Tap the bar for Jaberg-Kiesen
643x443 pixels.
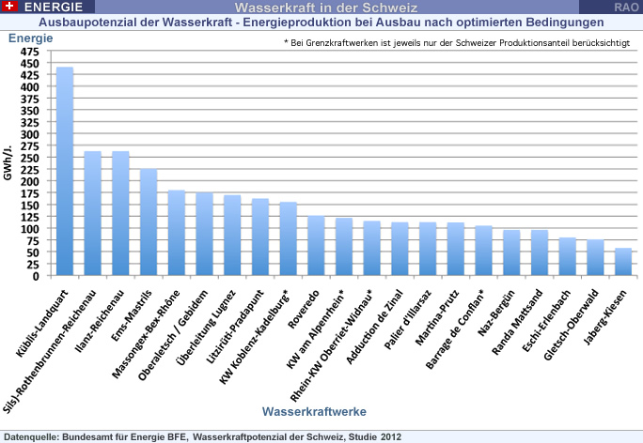click(622, 262)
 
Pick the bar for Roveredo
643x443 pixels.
click(316, 246)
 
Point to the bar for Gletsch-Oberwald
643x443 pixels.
click(595, 258)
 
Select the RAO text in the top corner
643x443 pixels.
click(627, 7)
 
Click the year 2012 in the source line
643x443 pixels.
click(391, 436)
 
